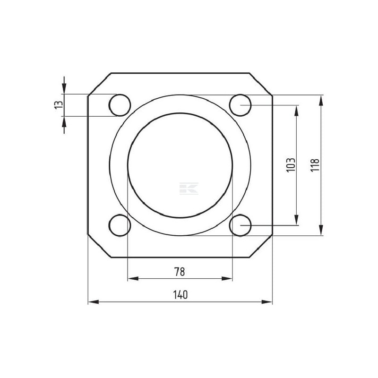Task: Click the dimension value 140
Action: pyautogui.click(x=180, y=294)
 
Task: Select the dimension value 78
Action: pyautogui.click(x=180, y=272)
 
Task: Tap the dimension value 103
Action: pyautogui.click(x=291, y=165)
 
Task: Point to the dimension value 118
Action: pyautogui.click(x=315, y=165)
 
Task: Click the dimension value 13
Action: pyautogui.click(x=59, y=105)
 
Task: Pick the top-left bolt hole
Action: pyautogui.click(x=120, y=105)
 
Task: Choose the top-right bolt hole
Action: pyautogui.click(x=240, y=105)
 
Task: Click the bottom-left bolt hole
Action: pyautogui.click(x=120, y=225)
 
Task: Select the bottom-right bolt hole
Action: pyautogui.click(x=240, y=225)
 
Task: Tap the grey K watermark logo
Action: pyautogui.click(x=189, y=189)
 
